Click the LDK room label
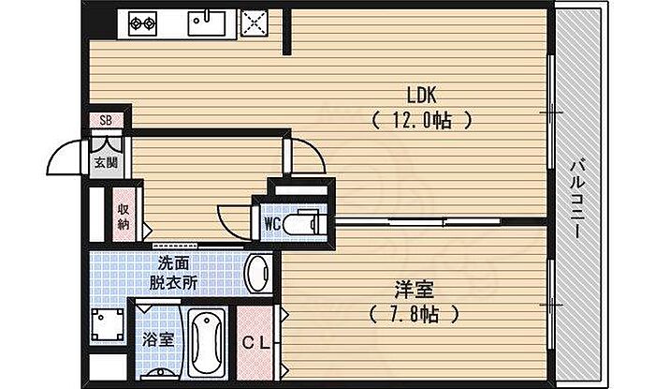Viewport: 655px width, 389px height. click(421, 95)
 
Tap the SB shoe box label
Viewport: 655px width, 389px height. click(106, 121)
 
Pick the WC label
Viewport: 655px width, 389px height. click(273, 223)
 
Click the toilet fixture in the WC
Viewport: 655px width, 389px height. click(305, 223)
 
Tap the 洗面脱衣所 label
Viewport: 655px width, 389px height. click(176, 273)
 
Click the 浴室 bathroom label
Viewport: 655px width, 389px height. click(156, 338)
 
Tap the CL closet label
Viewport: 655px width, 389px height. click(256, 343)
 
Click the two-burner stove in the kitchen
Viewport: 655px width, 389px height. click(144, 22)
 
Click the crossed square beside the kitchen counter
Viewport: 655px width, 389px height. click(254, 23)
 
